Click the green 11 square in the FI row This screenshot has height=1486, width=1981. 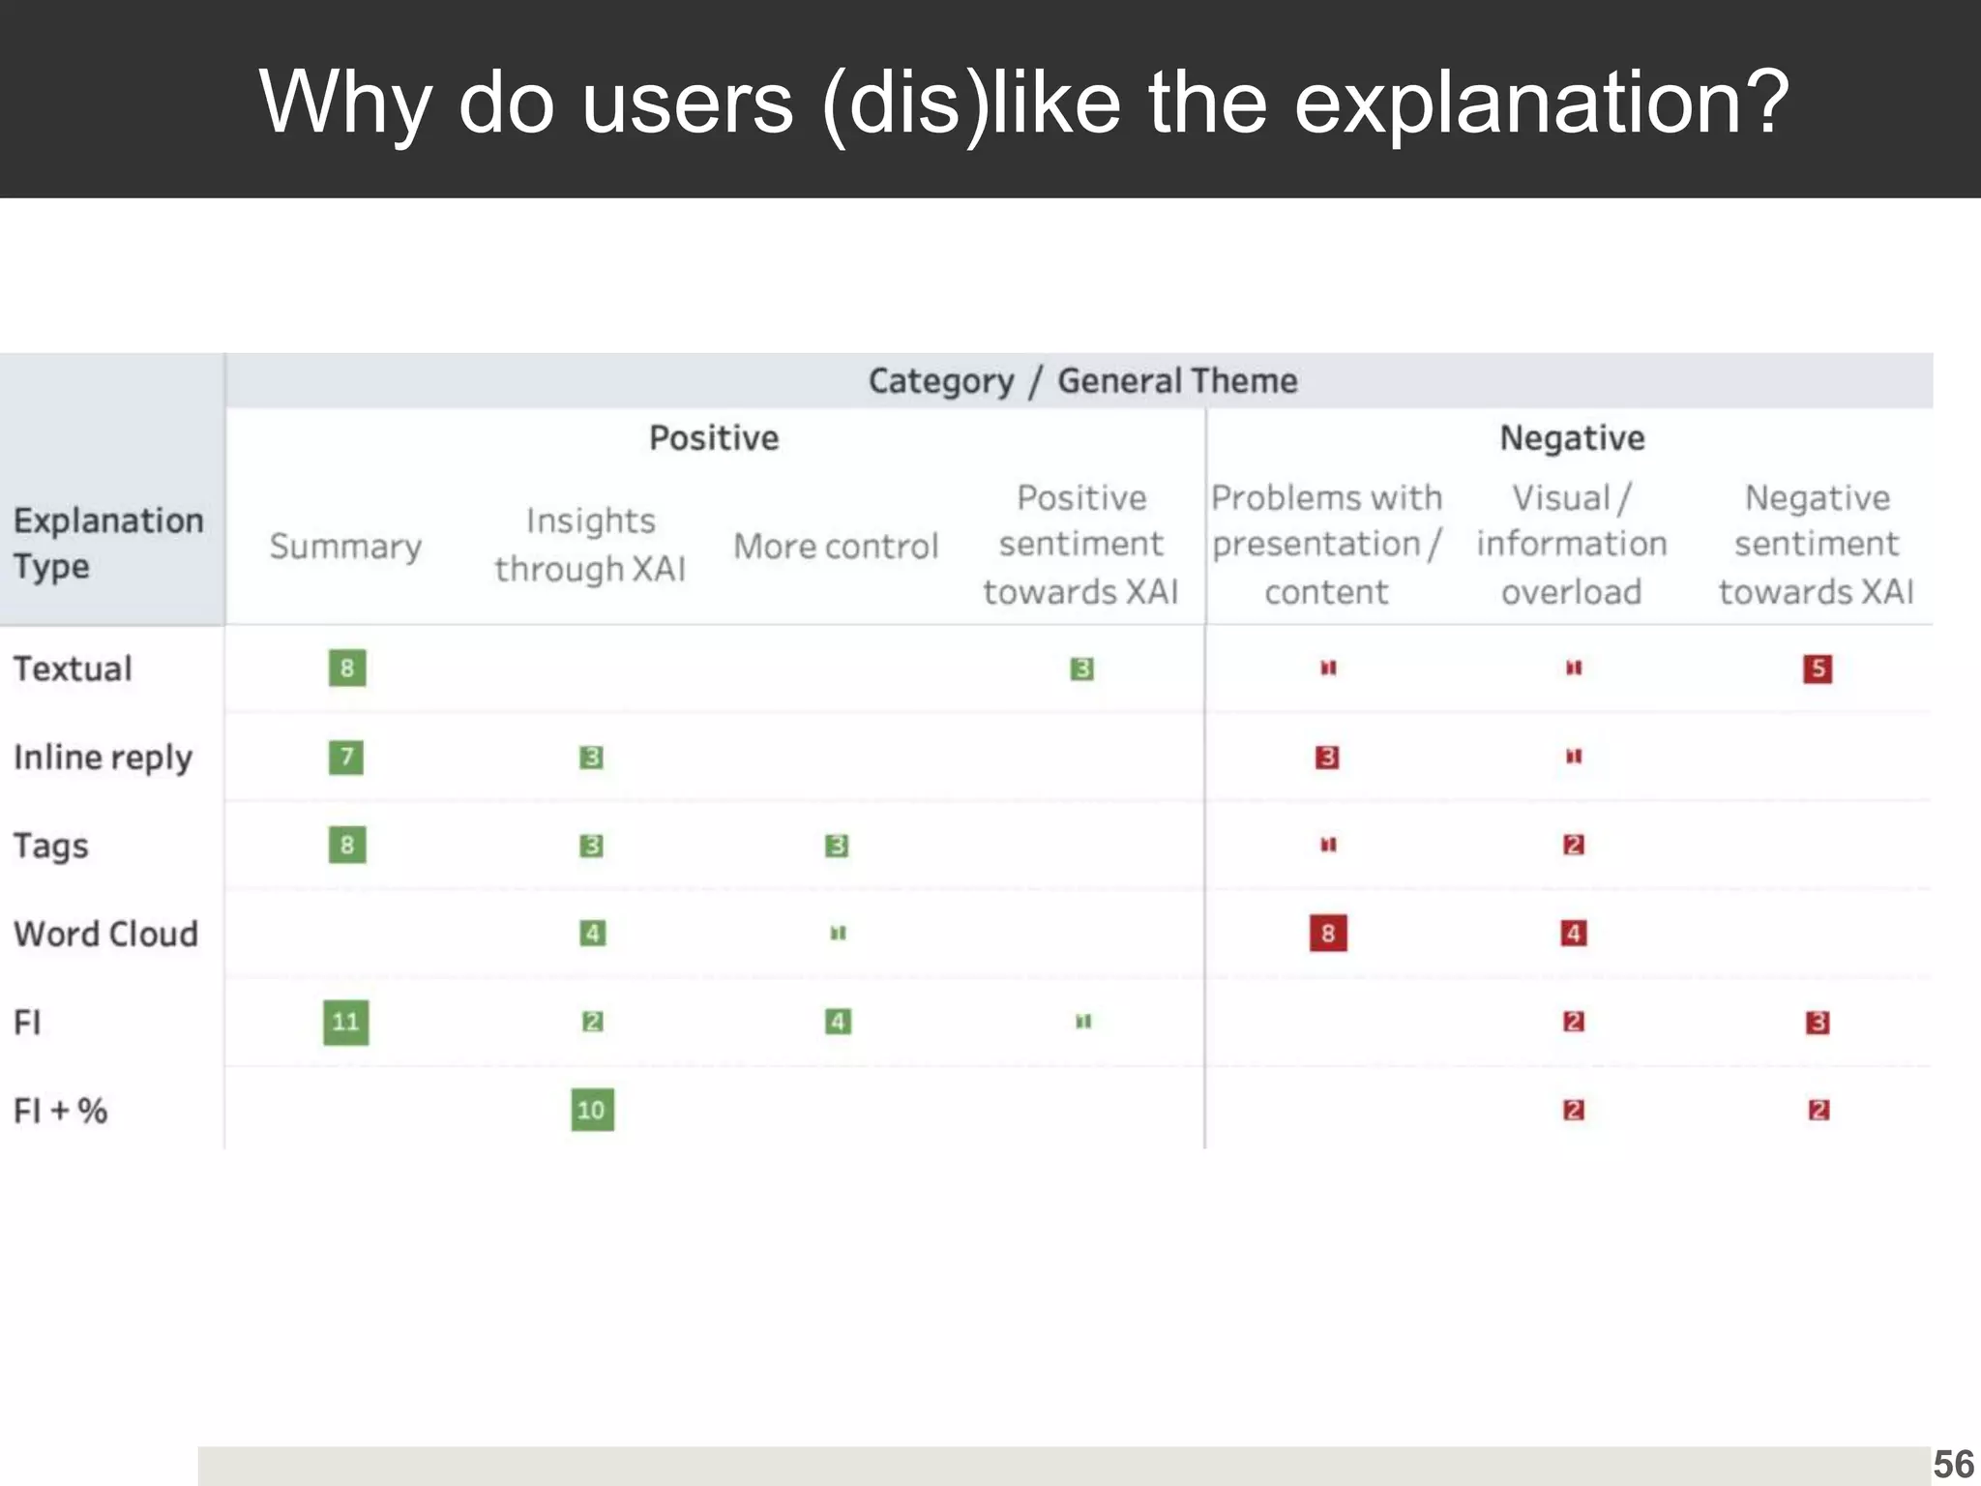(345, 1023)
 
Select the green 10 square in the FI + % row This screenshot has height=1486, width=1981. (592, 1110)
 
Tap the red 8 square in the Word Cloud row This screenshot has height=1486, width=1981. (1328, 934)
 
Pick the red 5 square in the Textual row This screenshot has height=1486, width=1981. (1818, 669)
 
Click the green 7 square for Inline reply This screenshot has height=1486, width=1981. (346, 757)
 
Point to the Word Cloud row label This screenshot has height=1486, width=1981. (105, 935)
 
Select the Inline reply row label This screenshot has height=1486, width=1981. (103, 758)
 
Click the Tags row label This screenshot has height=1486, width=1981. (51, 847)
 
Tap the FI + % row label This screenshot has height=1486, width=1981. (60, 1111)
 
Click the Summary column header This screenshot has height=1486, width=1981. (345, 547)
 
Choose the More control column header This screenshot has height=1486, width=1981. (836, 547)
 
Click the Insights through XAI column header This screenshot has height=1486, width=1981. (590, 545)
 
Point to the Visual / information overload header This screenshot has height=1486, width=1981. (1572, 545)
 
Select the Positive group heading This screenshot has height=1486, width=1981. (714, 438)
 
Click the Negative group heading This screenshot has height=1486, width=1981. (1572, 438)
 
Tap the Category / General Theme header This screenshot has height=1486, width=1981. (1082, 381)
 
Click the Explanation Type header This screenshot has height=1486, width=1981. (108, 543)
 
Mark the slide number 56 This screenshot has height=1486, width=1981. (1953, 1465)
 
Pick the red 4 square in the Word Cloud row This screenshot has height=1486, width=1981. (1574, 934)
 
